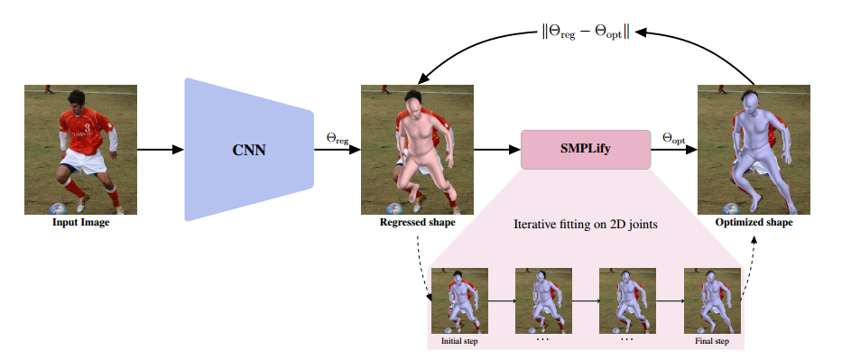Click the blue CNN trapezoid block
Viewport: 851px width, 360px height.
point(247,150)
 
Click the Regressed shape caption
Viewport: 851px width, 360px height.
point(418,222)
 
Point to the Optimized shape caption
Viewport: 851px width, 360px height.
point(754,222)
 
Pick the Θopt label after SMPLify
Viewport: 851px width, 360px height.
point(674,137)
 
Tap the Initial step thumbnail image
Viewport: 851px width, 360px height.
point(459,300)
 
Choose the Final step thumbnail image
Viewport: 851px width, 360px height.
point(712,300)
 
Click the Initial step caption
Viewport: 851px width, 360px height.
point(459,341)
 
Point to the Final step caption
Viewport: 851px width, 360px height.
point(712,341)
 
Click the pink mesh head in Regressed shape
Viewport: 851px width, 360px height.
point(412,108)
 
